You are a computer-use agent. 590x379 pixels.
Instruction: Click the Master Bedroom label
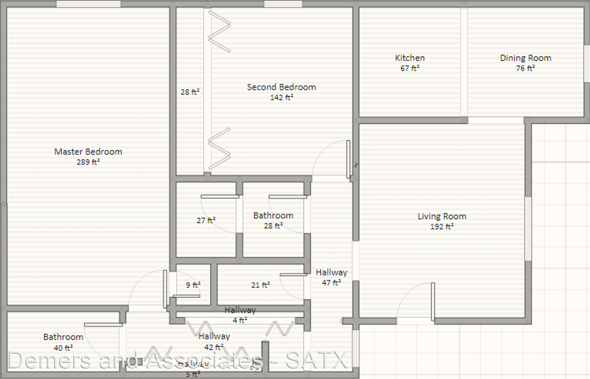pos(88,152)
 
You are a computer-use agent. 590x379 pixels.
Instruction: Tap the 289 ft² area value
pos(88,162)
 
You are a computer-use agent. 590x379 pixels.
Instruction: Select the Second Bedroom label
pos(281,87)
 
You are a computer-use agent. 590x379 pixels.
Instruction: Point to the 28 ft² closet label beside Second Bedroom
pos(190,92)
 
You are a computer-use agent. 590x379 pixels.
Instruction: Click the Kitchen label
pos(410,58)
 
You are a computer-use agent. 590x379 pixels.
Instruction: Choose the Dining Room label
pos(525,58)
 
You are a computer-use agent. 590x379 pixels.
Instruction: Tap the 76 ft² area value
pos(525,69)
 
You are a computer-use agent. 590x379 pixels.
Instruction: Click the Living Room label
pos(442,216)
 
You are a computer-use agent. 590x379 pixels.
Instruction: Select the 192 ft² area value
pos(442,227)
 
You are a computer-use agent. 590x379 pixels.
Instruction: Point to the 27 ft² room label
pos(206,221)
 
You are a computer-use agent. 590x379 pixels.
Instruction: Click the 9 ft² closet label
pos(193,285)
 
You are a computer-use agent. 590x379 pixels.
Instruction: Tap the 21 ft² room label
pos(260,285)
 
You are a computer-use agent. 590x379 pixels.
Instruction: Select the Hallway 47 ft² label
pos(331,277)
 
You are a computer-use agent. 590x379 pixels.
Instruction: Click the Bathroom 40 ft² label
pos(64,342)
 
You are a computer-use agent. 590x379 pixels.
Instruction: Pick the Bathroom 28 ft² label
pos(273,220)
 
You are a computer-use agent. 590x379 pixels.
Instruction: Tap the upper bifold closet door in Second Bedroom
pos(218,31)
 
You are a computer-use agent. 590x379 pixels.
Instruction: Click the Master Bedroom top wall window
pos(88,4)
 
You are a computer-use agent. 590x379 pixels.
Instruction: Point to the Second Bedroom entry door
pos(348,158)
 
